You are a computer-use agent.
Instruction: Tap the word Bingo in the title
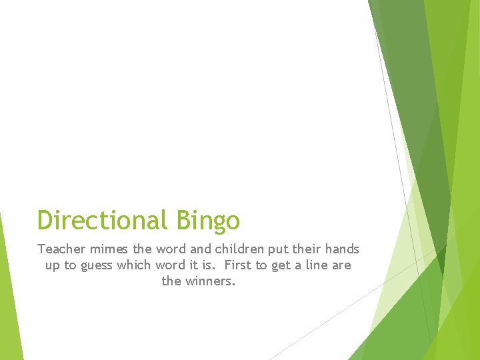click(x=208, y=221)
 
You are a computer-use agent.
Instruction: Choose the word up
click(x=53, y=266)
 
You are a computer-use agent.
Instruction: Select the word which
click(x=136, y=265)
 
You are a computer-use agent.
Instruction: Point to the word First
click(x=238, y=265)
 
